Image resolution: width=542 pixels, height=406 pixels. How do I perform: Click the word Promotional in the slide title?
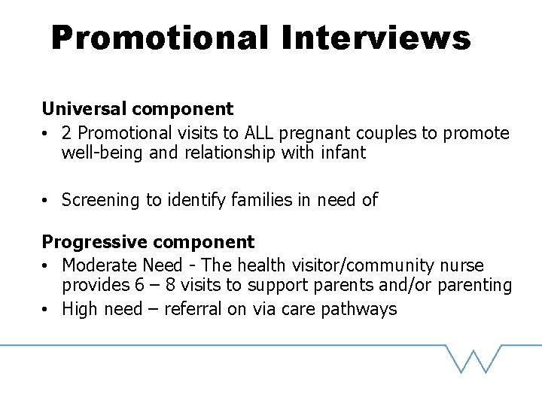pyautogui.click(x=160, y=38)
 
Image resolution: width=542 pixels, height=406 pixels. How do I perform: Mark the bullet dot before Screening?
pyautogui.click(x=47, y=200)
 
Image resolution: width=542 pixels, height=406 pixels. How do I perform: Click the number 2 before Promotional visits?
pyautogui.click(x=67, y=133)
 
